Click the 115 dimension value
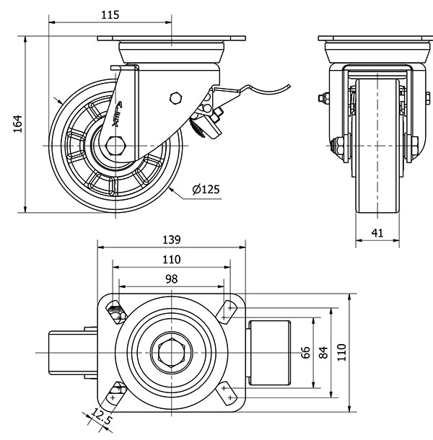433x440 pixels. (110, 14)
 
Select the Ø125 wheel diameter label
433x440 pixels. (206, 190)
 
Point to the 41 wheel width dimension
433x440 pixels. (378, 232)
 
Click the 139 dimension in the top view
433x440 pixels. (170, 239)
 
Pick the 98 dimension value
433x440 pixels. (170, 278)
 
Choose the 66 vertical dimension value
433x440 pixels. (305, 353)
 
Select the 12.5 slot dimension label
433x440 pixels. (102, 416)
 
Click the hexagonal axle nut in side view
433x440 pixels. (115, 146)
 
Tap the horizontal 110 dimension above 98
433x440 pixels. (170, 260)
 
